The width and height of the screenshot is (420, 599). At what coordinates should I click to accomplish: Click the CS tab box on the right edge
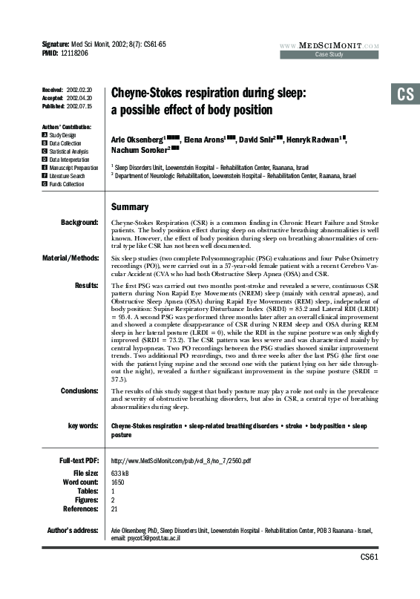coord(404,94)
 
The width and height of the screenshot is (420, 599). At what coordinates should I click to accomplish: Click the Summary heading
coord(130,207)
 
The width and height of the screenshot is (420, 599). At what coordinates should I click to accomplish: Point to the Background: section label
coord(79,222)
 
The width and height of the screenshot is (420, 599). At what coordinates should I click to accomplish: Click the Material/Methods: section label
coord(72,258)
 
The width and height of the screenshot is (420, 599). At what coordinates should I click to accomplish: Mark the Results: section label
coord(86,285)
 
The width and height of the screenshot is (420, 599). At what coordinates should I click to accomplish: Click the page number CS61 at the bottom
coord(370,557)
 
